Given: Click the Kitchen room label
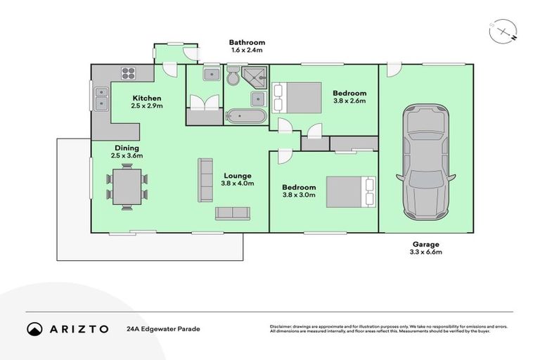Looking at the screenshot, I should click(x=146, y=98).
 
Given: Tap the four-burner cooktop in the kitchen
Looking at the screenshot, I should click(x=129, y=72).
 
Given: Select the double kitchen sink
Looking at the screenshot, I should click(x=101, y=98).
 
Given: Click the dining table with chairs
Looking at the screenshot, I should click(x=127, y=186).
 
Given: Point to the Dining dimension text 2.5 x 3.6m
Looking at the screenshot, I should click(x=127, y=156).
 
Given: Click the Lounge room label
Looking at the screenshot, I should click(x=238, y=175).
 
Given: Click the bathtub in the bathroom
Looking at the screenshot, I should click(x=245, y=117).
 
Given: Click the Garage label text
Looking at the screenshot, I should click(x=425, y=244).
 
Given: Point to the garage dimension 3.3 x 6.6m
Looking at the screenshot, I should click(x=425, y=252).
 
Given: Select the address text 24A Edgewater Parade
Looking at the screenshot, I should click(x=163, y=328).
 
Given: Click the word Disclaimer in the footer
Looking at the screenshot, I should click(x=281, y=326).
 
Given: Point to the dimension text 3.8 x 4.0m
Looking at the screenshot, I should click(x=238, y=184).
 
